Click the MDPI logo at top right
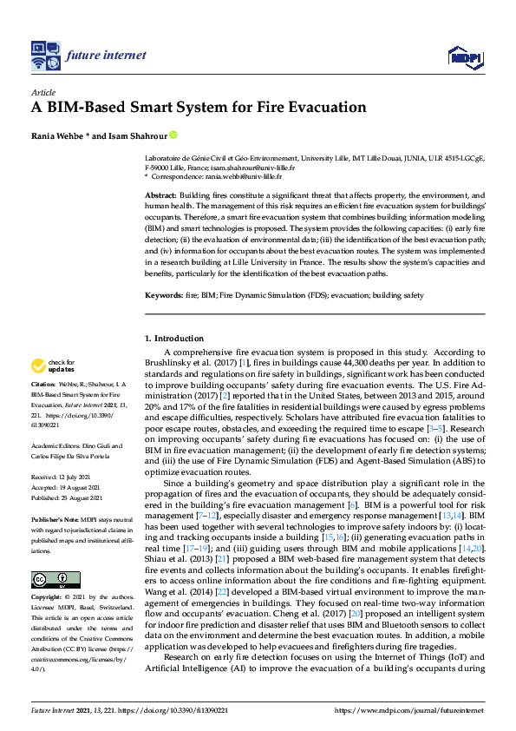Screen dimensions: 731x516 point(465,58)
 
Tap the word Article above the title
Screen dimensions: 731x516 point(43,93)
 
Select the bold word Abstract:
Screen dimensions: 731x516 point(160,197)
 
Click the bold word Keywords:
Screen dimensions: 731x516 point(162,296)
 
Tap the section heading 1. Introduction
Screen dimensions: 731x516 point(174,338)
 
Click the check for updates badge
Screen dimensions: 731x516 point(52,364)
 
